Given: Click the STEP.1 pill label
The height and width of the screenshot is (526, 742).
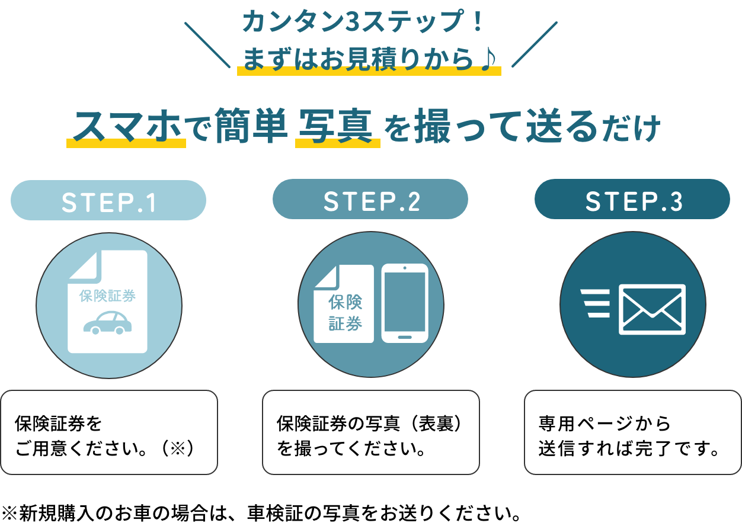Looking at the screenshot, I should [108, 201].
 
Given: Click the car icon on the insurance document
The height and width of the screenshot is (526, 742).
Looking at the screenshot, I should [107, 322].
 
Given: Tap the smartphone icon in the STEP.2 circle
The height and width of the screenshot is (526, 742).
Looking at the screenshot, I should [405, 303].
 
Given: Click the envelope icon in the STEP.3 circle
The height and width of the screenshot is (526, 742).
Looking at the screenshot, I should [652, 309].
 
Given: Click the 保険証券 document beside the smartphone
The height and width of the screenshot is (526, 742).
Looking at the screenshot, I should [344, 305].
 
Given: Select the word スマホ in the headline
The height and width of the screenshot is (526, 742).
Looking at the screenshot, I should [126, 126].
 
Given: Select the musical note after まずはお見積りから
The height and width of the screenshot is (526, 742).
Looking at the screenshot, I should [487, 60].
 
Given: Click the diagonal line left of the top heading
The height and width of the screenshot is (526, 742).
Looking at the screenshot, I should [207, 45].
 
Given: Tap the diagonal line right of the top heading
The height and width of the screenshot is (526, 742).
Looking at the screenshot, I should [534, 44].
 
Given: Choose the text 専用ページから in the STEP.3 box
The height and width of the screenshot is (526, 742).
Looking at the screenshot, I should [605, 424].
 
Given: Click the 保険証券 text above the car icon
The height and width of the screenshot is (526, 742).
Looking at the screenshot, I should [107, 296].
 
